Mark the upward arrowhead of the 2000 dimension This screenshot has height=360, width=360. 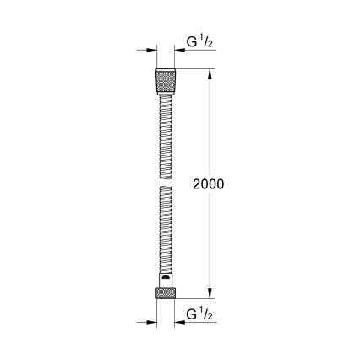pyautogui.click(x=211, y=74)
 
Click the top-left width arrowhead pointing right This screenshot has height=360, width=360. pyautogui.click(x=150, y=50)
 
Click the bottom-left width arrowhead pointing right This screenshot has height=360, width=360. pyautogui.click(x=151, y=322)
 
